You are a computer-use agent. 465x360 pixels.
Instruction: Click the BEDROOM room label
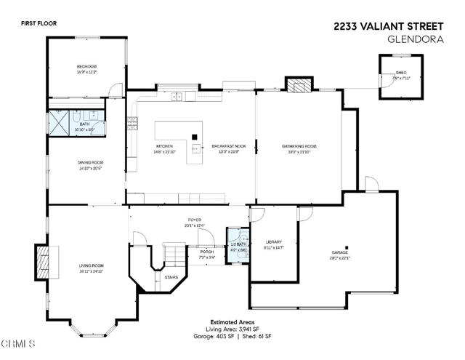86,67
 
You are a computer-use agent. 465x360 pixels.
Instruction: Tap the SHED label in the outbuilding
401,73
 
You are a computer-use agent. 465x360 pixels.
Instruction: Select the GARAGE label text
340,252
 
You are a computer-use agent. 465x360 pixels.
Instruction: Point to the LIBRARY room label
273,241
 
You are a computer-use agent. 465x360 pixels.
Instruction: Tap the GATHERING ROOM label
299,146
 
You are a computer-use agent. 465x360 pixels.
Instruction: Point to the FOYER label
195,219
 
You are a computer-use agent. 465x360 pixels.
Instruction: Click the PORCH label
206,251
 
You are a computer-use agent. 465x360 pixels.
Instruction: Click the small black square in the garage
347,247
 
